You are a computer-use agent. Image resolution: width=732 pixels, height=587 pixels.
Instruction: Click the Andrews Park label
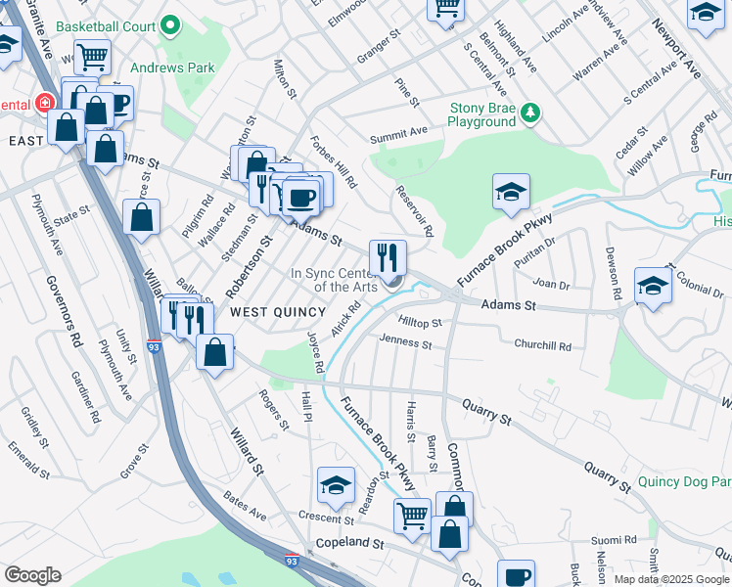(x=172, y=68)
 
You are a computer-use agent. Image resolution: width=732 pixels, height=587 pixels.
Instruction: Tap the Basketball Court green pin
(x=170, y=24)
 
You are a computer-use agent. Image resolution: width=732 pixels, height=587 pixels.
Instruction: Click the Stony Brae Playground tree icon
(x=530, y=113)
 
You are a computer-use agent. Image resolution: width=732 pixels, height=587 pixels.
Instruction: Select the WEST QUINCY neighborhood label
(x=277, y=311)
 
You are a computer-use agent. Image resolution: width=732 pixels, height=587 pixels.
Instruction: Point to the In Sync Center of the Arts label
(x=334, y=280)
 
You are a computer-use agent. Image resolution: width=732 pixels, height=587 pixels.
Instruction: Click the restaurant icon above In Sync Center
(x=388, y=257)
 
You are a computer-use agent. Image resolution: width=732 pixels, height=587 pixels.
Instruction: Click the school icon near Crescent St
(x=335, y=486)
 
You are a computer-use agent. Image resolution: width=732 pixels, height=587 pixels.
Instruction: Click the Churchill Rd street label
(x=542, y=345)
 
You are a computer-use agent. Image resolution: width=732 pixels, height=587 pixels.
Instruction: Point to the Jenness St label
(x=405, y=343)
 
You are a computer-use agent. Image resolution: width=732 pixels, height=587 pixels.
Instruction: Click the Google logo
(x=32, y=574)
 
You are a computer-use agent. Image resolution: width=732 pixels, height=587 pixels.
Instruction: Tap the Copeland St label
(x=349, y=542)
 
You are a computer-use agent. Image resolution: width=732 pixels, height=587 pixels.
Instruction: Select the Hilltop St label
(x=421, y=322)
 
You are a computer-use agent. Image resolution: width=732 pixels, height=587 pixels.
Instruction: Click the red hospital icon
(x=44, y=103)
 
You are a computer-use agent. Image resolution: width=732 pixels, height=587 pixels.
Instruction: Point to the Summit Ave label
(x=398, y=131)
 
